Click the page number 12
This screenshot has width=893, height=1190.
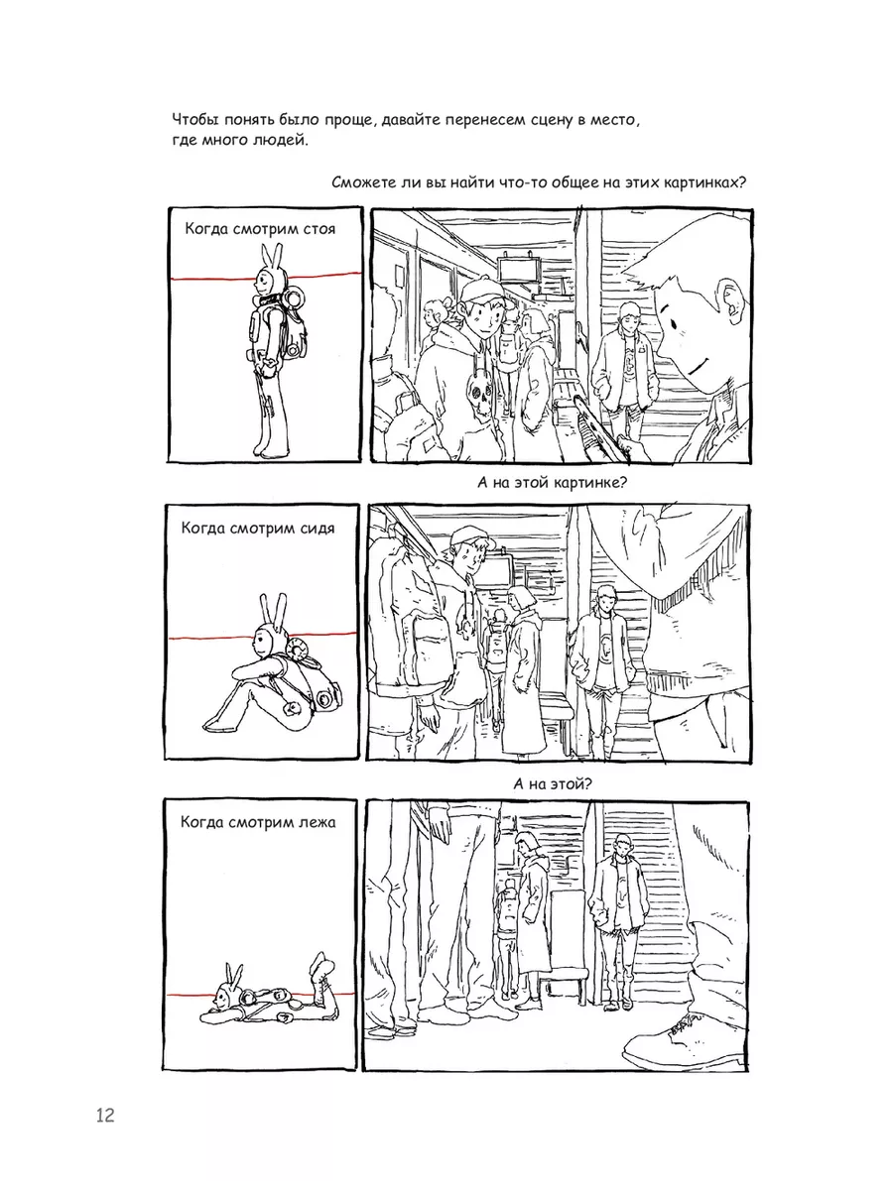[105, 1116]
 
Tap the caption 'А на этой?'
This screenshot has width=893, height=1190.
[553, 783]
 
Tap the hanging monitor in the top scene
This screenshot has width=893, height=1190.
[518, 269]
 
